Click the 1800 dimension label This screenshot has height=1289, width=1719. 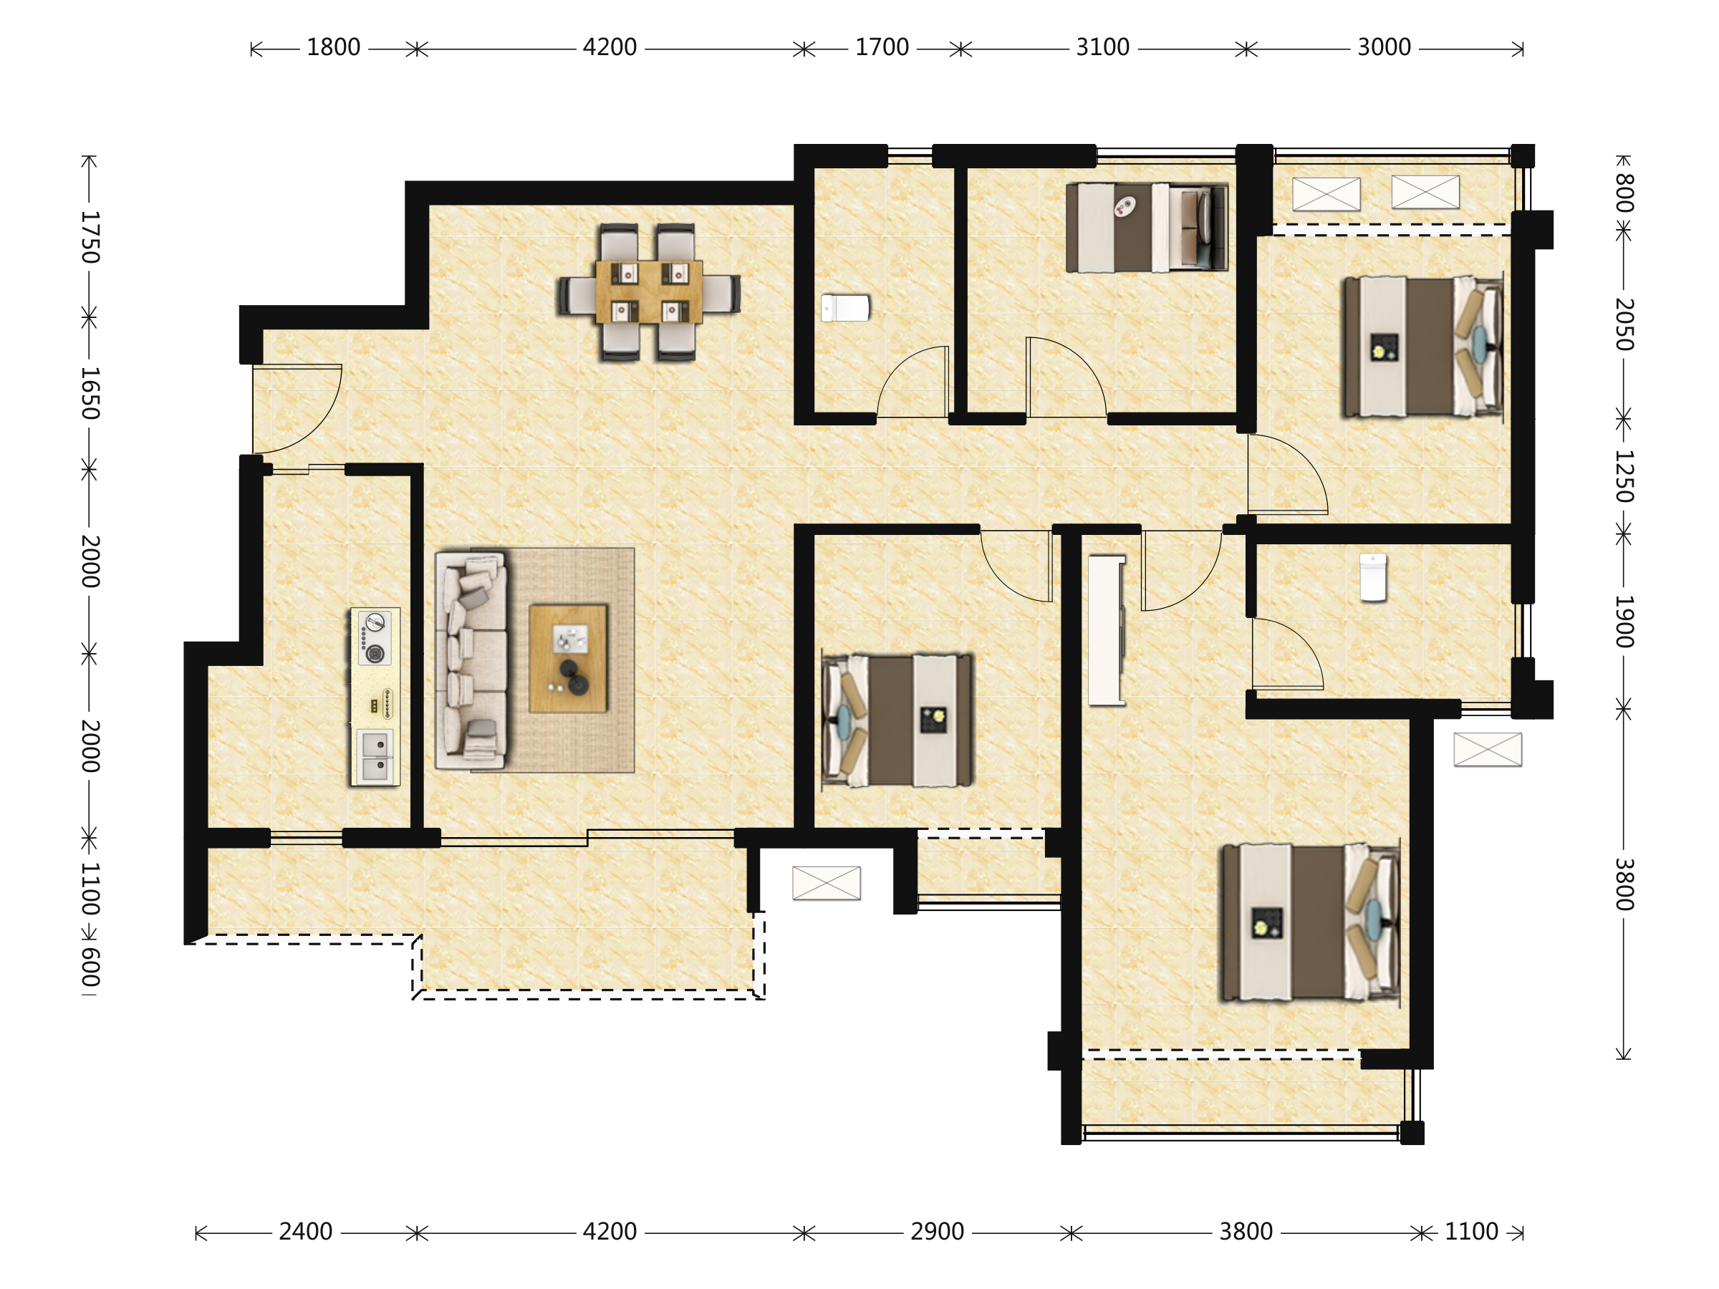[332, 48]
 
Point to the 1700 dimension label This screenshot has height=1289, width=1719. [881, 48]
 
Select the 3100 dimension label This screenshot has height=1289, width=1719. [1102, 48]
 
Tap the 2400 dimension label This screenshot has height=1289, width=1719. [305, 1232]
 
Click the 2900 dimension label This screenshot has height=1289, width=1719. [936, 1232]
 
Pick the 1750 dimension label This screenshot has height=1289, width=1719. [91, 237]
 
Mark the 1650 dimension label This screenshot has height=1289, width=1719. [91, 393]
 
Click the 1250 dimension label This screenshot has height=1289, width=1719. [1624, 476]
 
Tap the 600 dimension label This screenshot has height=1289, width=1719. [91, 967]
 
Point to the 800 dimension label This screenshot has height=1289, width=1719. [1624, 193]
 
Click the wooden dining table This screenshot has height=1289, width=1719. [649, 292]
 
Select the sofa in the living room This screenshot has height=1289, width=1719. [472, 660]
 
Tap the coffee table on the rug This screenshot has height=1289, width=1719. [568, 659]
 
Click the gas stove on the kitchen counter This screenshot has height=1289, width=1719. [375, 638]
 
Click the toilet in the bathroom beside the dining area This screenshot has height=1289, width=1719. [844, 308]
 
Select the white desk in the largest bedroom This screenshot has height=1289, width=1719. [1107, 630]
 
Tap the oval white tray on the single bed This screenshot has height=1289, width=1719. [1125, 206]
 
